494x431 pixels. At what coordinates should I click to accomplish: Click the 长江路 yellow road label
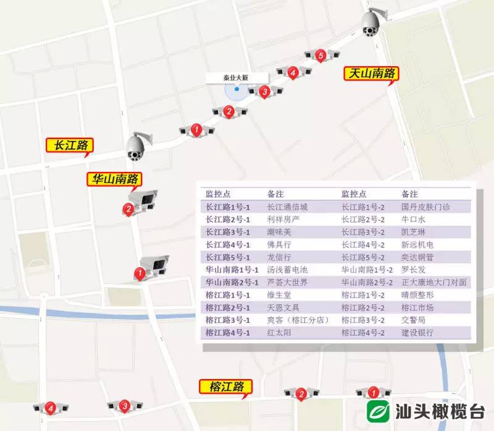pos(70,145)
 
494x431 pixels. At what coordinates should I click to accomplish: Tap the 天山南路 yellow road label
pos(371,74)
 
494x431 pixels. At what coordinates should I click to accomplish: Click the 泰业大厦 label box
pos(236,77)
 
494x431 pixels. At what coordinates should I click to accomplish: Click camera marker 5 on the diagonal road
pos(320,56)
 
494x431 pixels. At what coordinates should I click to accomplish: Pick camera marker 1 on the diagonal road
pos(196,130)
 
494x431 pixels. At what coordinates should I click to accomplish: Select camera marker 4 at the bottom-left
pos(50,408)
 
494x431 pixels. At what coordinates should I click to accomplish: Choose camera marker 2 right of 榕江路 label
pos(301,393)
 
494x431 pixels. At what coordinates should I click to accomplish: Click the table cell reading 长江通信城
pos(287,207)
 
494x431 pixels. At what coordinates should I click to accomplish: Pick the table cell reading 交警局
pos(413,320)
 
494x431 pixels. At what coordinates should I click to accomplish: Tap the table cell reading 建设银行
pos(417,333)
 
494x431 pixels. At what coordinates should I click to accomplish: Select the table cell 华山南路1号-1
pos(232,270)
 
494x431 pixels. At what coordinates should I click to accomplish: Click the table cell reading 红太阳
pos(279,333)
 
